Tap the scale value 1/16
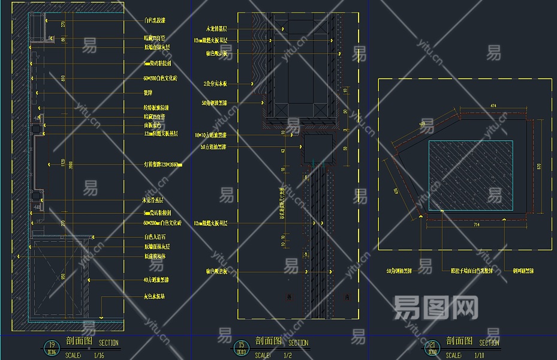coord(100,355)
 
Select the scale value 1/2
coord(289,355)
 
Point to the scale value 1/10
coord(479,355)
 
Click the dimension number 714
coord(475,224)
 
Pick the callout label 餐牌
coord(148,93)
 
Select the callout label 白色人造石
coord(155,237)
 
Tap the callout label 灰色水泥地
coord(155,296)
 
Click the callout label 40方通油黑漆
coord(156,280)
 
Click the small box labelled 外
coord(289,297)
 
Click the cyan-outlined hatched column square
coord(471,175)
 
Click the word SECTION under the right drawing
coord(489,343)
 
